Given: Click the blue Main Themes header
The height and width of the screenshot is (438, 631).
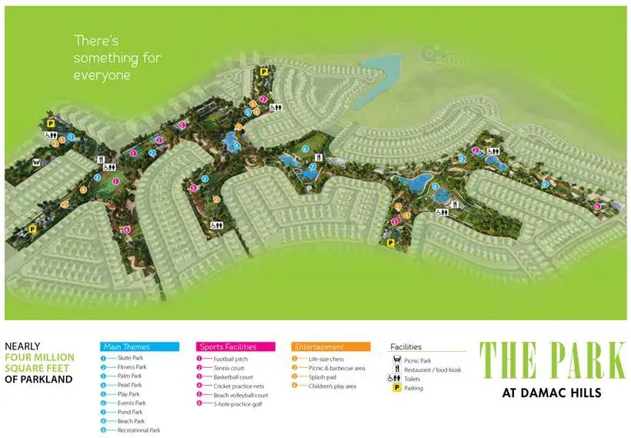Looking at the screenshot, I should point(139,346).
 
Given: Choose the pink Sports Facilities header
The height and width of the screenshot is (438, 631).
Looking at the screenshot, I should point(235,346).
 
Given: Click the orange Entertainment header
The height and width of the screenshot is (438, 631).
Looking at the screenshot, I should point(330,346).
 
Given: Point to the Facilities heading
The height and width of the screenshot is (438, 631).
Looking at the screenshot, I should point(406,346).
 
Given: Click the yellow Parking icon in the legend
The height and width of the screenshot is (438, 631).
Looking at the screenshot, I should point(397,388).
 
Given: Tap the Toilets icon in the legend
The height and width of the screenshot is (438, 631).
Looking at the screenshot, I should point(397,379).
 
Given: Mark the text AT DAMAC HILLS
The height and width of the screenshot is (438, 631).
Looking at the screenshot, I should point(552,393).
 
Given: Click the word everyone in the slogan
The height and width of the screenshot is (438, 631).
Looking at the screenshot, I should point(102,75).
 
